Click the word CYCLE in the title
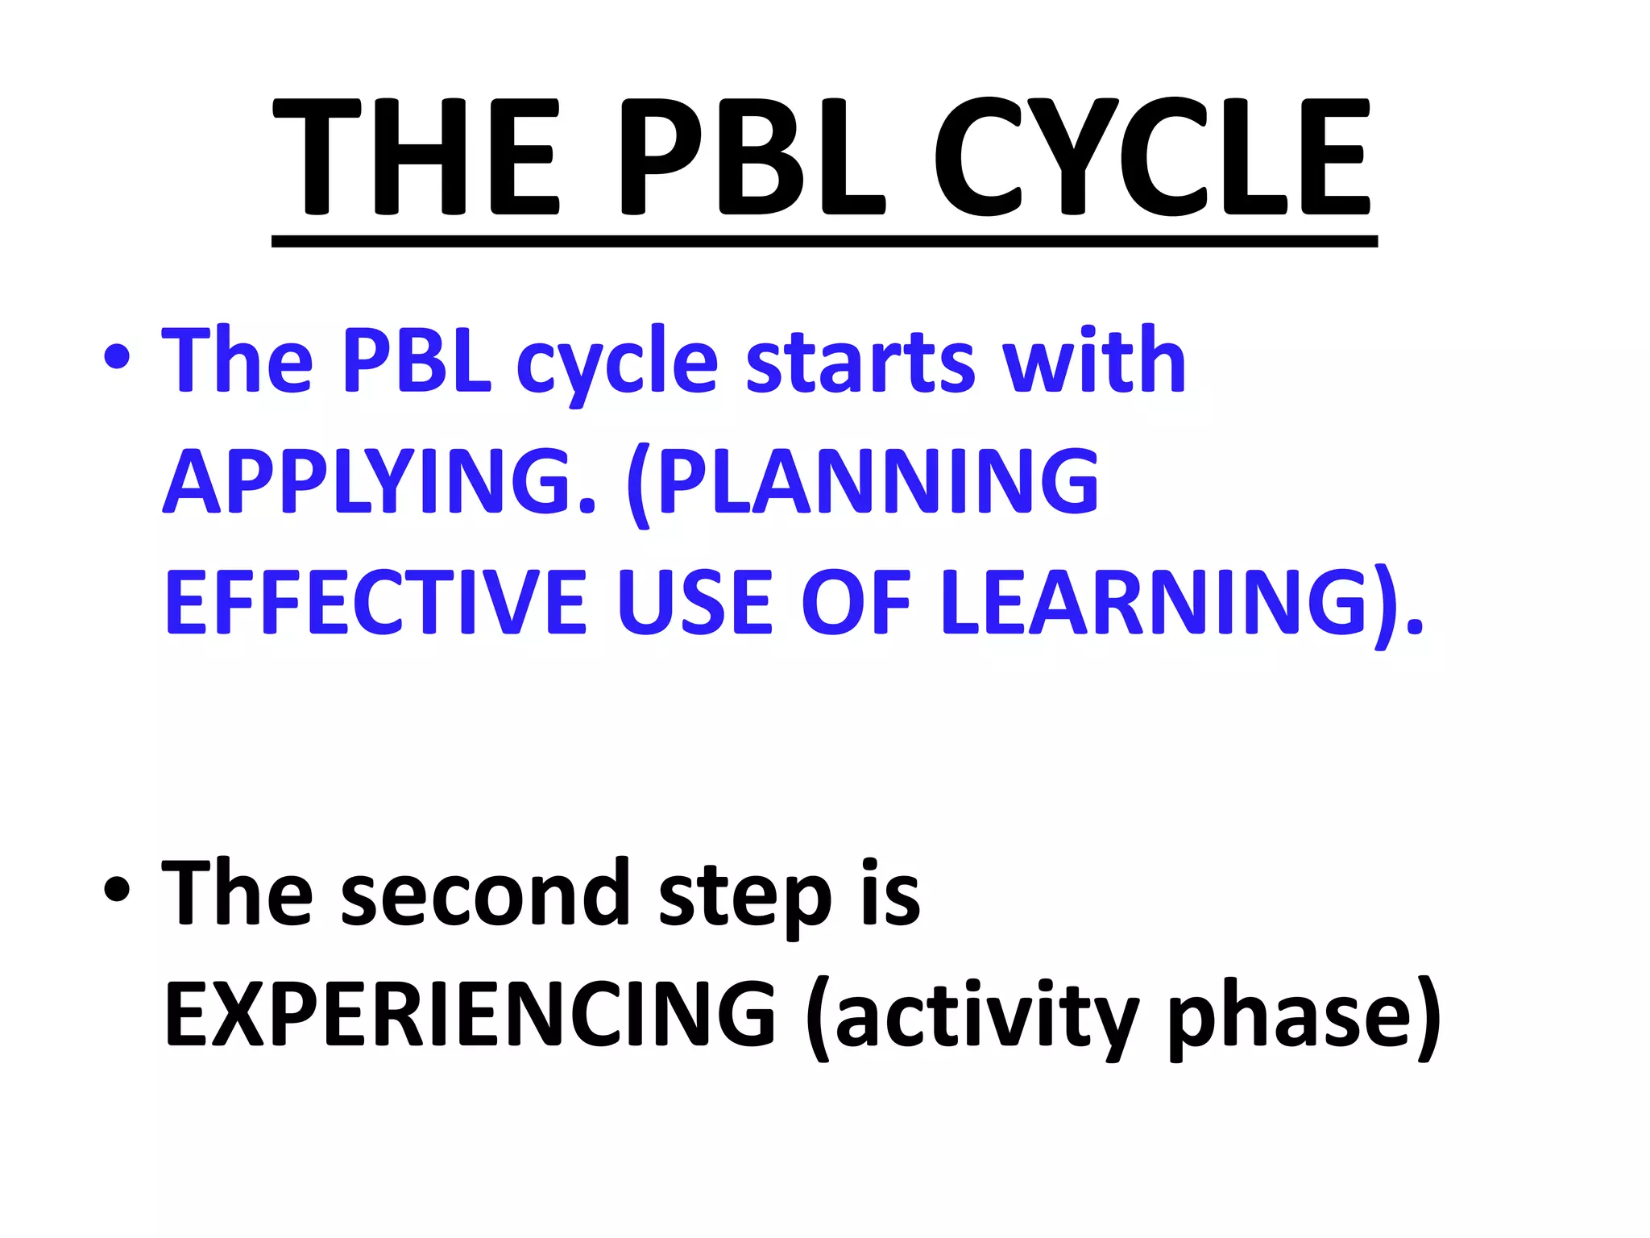[1152, 157]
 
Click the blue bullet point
[118, 356]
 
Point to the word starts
[860, 362]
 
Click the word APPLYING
[379, 482]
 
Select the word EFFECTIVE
[375, 603]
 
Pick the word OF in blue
[856, 603]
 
